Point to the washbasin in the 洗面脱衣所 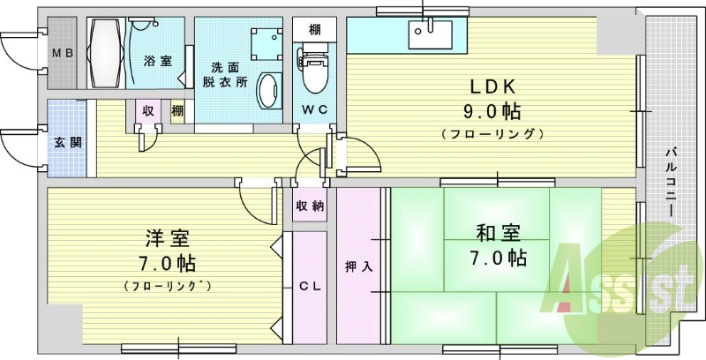(268, 88)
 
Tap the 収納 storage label (309, 206)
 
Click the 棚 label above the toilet (314, 28)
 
